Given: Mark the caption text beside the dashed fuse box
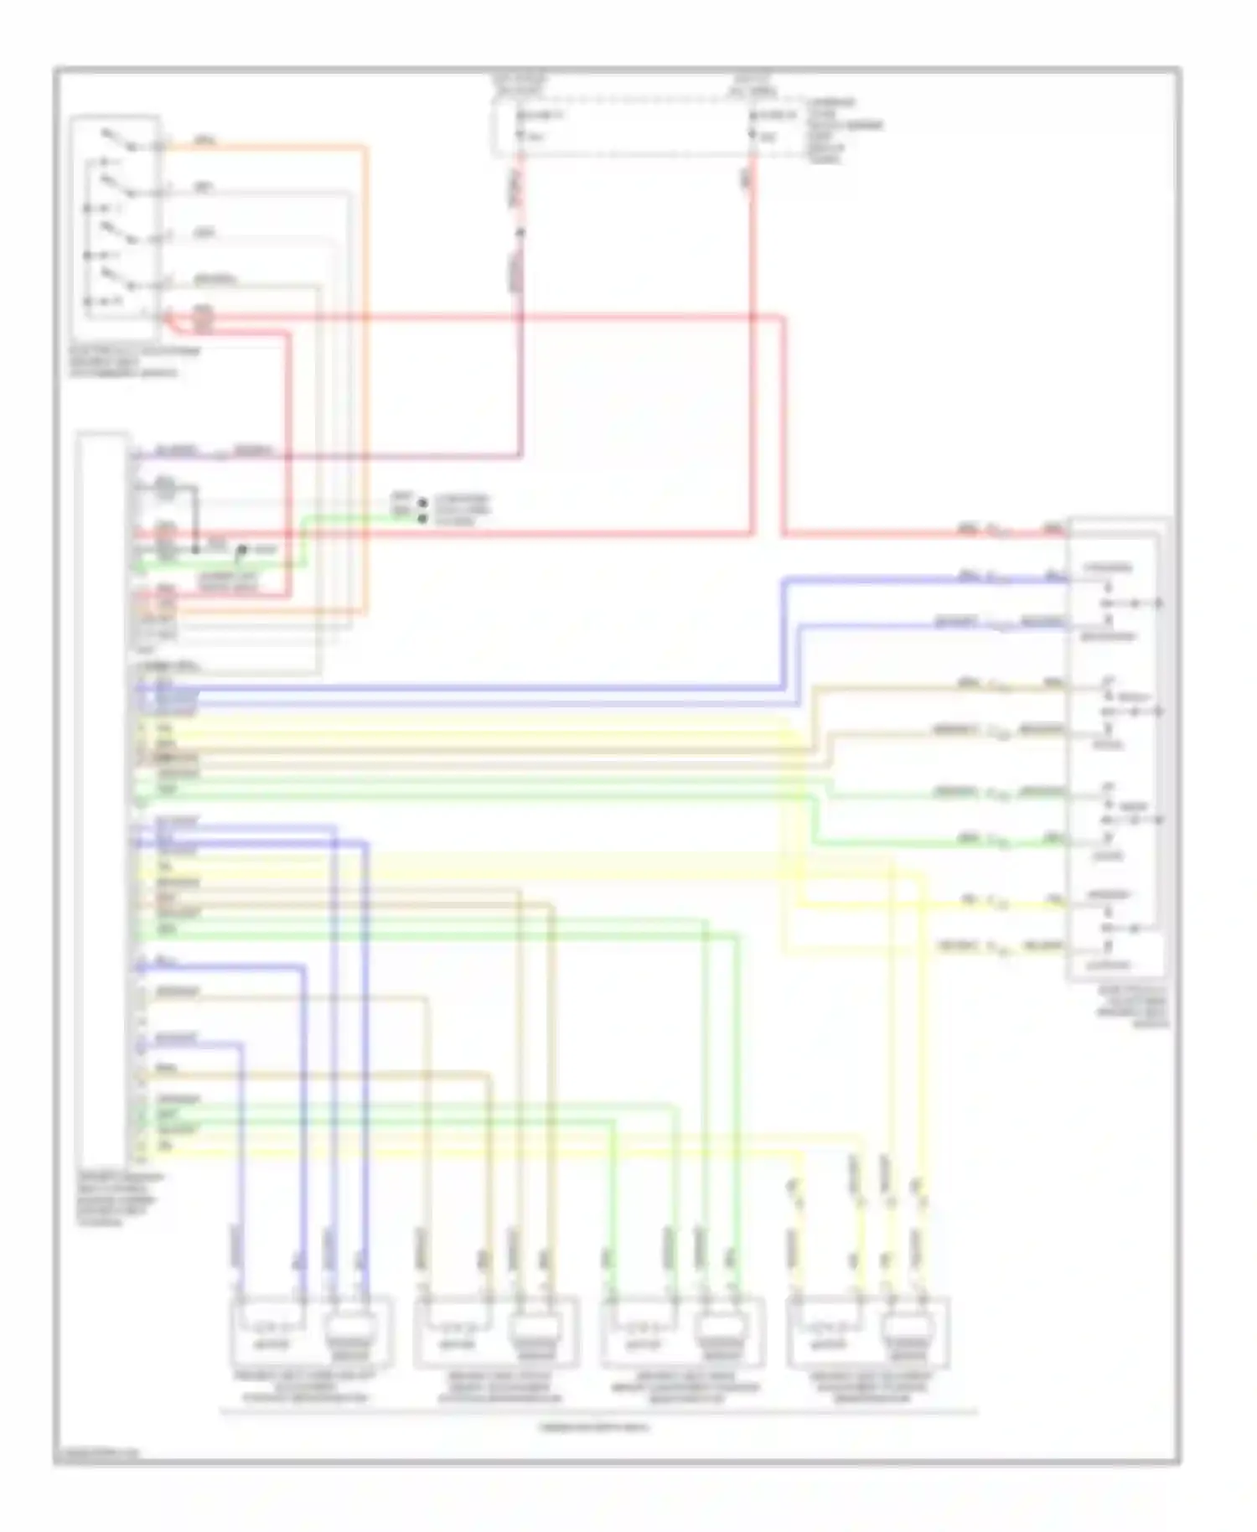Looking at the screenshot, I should coord(842,130).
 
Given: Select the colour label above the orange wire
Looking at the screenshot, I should coord(204,140).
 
